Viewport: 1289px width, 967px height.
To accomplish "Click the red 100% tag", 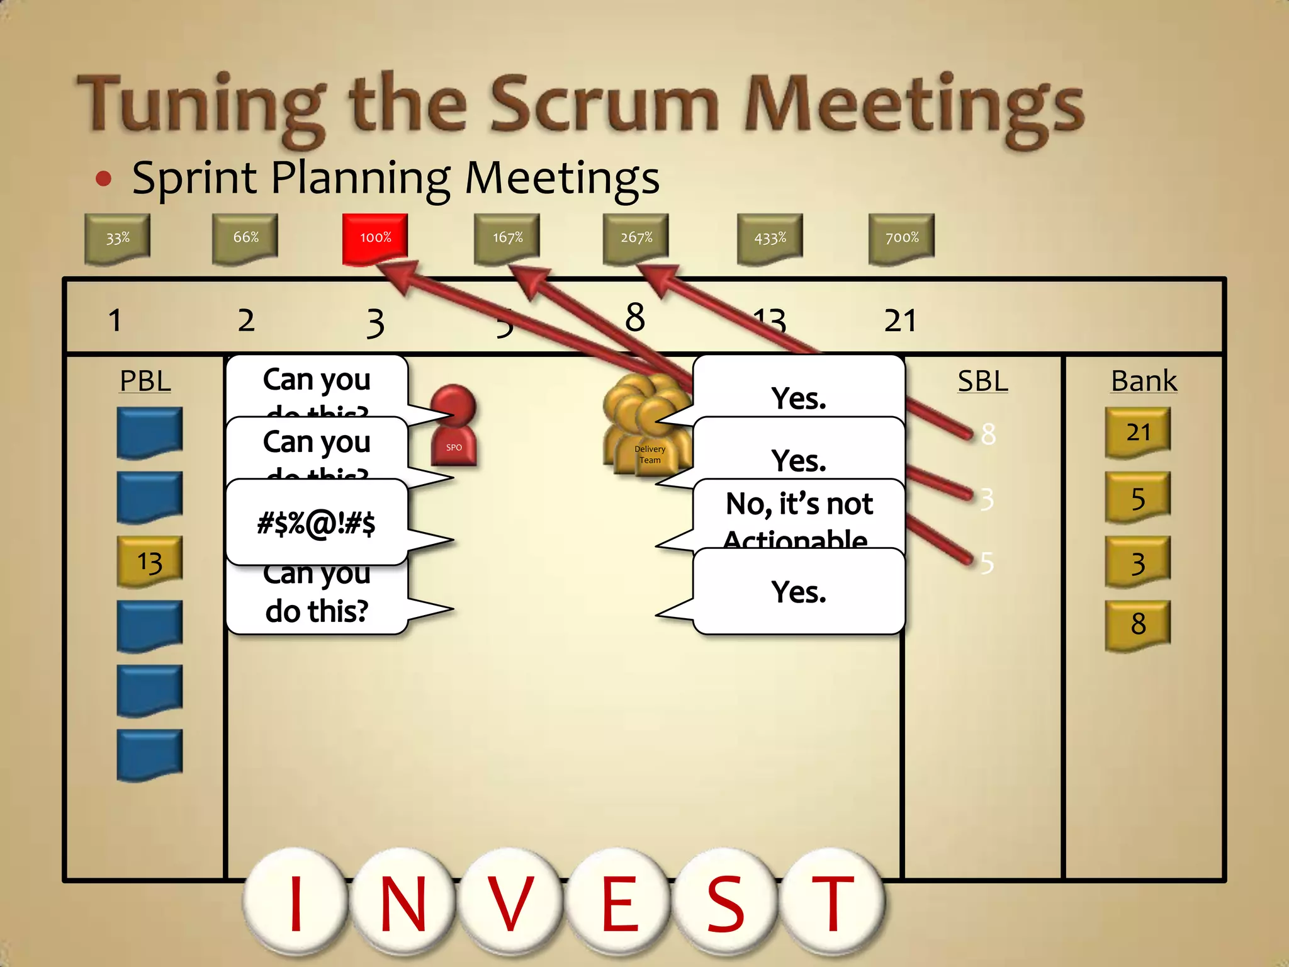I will point(375,238).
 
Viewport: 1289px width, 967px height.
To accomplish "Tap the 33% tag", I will point(118,239).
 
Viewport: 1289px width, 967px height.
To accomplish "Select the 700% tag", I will point(901,238).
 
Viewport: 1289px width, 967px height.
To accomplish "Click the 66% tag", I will point(245,238).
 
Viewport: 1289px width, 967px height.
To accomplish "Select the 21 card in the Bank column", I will point(1138,433).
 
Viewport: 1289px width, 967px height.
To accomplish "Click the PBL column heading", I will point(145,382).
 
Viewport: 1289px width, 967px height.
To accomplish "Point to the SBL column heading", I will point(982,382).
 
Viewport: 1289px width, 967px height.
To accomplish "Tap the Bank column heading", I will point(1144,382).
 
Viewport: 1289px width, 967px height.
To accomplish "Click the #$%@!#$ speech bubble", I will point(317,523).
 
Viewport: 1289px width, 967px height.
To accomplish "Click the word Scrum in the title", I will point(604,104).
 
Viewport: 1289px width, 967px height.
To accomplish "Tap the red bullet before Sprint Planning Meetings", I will point(104,179).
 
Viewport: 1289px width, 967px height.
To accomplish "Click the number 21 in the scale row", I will point(900,321).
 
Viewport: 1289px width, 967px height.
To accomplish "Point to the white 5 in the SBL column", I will point(987,563).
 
